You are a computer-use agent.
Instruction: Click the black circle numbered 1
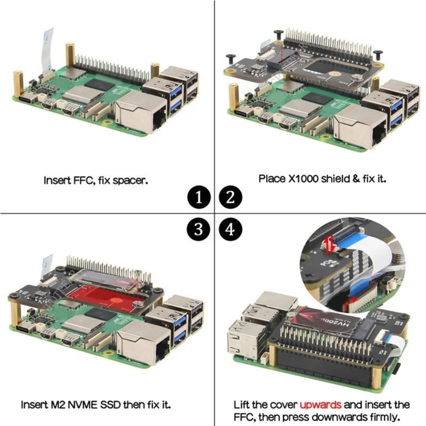pos(198,199)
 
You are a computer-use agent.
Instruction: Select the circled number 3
pos(198,229)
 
